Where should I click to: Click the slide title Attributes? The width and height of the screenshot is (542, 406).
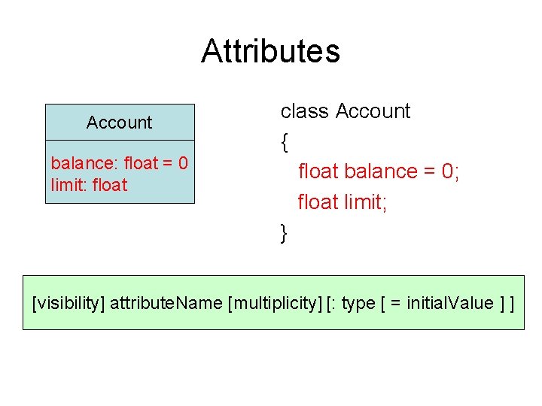[x=270, y=52]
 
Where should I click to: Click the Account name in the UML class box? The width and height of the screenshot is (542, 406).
[x=119, y=123]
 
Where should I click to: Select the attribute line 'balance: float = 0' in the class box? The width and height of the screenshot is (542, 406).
[x=119, y=162]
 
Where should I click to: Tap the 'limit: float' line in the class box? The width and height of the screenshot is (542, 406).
[x=90, y=185]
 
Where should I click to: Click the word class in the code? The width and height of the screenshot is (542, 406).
[x=305, y=111]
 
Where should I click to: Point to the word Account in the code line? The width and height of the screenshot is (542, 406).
[x=373, y=111]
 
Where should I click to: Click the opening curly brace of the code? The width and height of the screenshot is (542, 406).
[x=285, y=141]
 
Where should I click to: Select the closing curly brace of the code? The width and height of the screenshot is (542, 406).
[x=285, y=233]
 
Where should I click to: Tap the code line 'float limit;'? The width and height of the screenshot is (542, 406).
[x=343, y=202]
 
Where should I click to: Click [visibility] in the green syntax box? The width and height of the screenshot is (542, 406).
[x=69, y=304]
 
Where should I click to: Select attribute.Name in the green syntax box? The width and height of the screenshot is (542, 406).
[x=166, y=304]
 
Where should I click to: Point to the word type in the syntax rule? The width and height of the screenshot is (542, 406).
[x=358, y=304]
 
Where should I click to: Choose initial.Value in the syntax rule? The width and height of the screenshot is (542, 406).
[x=450, y=304]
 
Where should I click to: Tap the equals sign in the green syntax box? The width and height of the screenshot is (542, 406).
[x=396, y=304]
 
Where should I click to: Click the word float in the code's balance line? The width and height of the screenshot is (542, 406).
[x=318, y=171]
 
